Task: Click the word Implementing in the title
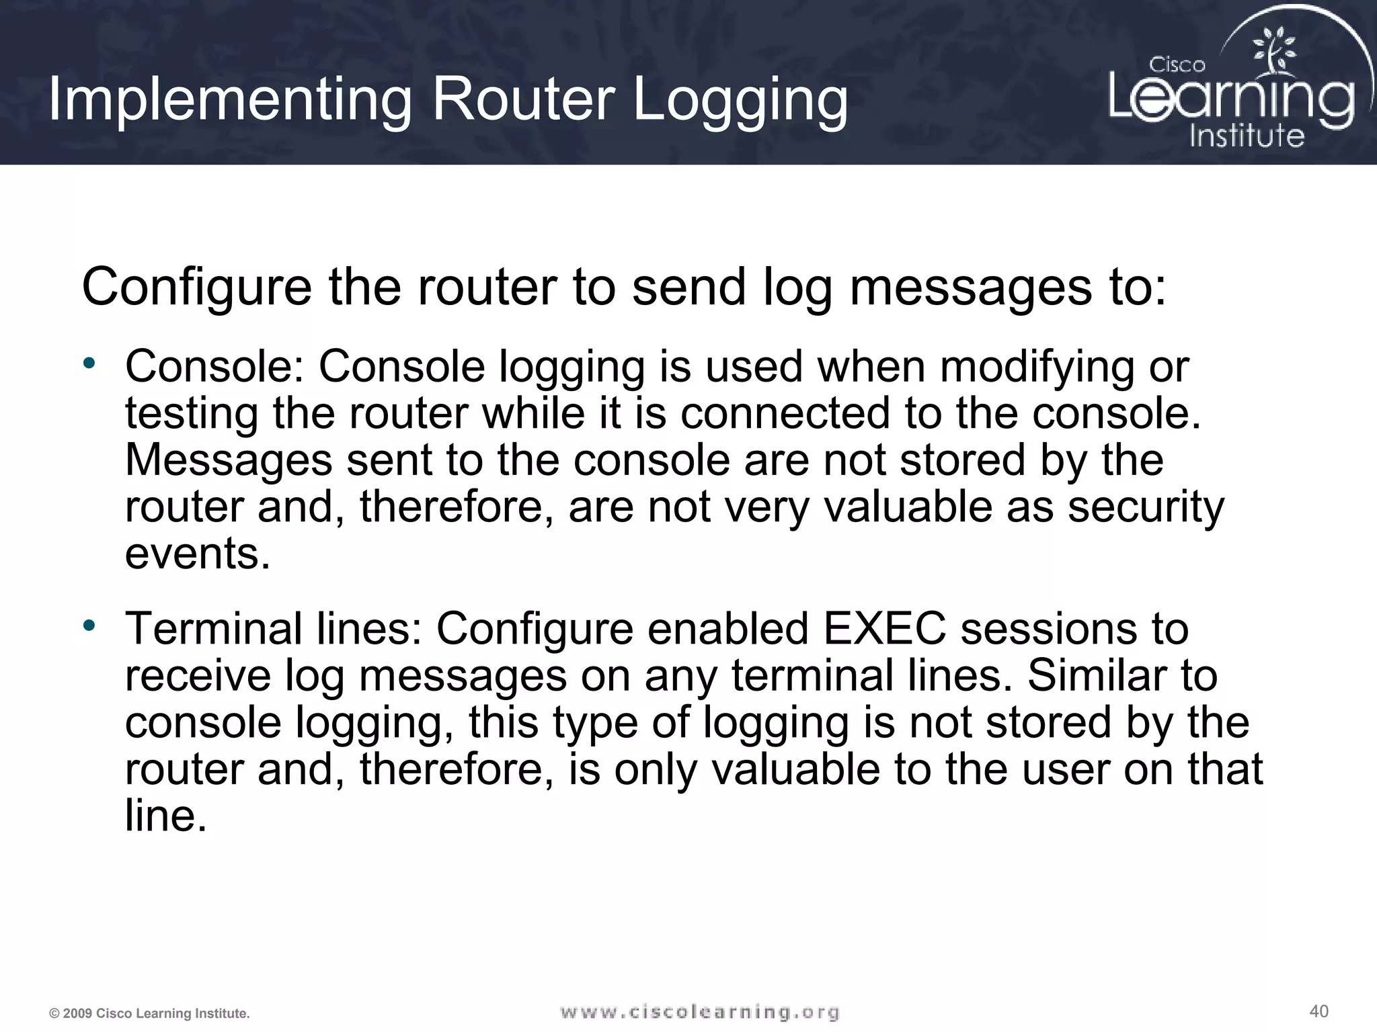tap(229, 100)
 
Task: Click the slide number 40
tap(1319, 1010)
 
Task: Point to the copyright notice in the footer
tap(149, 1013)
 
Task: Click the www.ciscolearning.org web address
tap(699, 1012)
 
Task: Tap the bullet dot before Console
tap(89, 363)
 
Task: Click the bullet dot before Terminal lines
tap(89, 626)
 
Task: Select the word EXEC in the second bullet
tap(883, 629)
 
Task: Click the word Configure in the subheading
tap(196, 288)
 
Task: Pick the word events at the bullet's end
tap(197, 554)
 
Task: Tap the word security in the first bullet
tap(1146, 507)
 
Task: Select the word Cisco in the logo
tap(1177, 64)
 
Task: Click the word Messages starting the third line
tap(229, 460)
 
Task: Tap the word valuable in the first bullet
tap(908, 507)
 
